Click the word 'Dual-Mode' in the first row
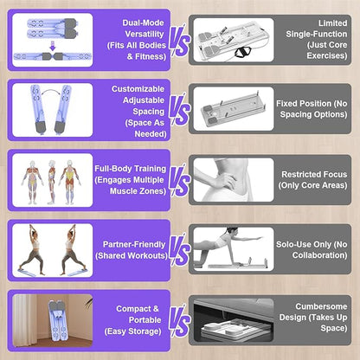143,22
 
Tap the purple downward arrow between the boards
53,46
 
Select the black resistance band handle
241,53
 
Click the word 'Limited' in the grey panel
332,23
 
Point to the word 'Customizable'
138,89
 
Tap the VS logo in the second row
179,111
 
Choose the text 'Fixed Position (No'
312,104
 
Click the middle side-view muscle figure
52,182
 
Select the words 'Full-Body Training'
131,169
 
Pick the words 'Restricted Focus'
314,175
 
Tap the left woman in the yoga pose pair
32,249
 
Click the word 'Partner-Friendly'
134,245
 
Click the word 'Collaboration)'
319,255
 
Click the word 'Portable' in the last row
145,320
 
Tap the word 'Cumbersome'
321,306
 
